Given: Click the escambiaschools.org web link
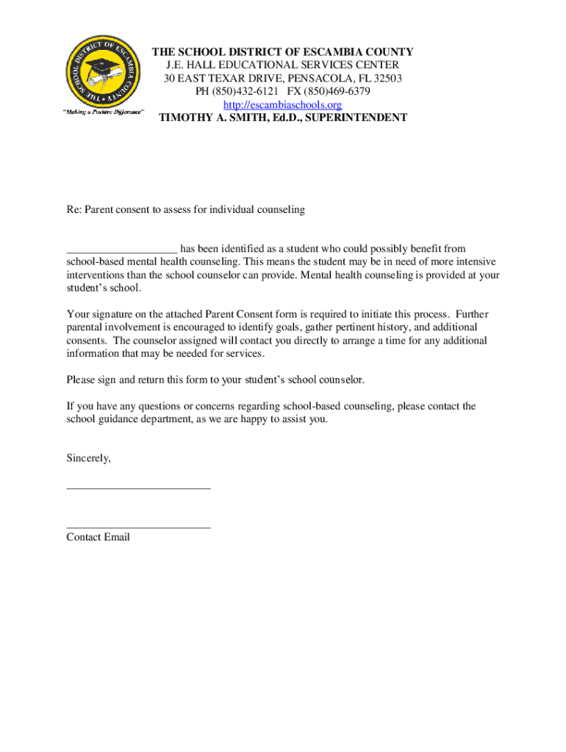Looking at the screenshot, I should (x=282, y=105).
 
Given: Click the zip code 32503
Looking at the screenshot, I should (x=387, y=79).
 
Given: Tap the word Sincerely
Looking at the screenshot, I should (x=88, y=458).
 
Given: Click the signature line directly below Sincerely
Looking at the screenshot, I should (x=138, y=488).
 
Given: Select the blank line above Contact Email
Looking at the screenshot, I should (x=138, y=527).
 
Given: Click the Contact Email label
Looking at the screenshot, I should (x=98, y=538).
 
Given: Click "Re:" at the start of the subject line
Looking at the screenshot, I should (x=74, y=210).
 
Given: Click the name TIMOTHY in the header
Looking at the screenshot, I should (x=187, y=117).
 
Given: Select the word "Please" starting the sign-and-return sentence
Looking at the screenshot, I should (x=81, y=380).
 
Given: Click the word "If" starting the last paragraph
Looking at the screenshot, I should (x=71, y=406).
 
